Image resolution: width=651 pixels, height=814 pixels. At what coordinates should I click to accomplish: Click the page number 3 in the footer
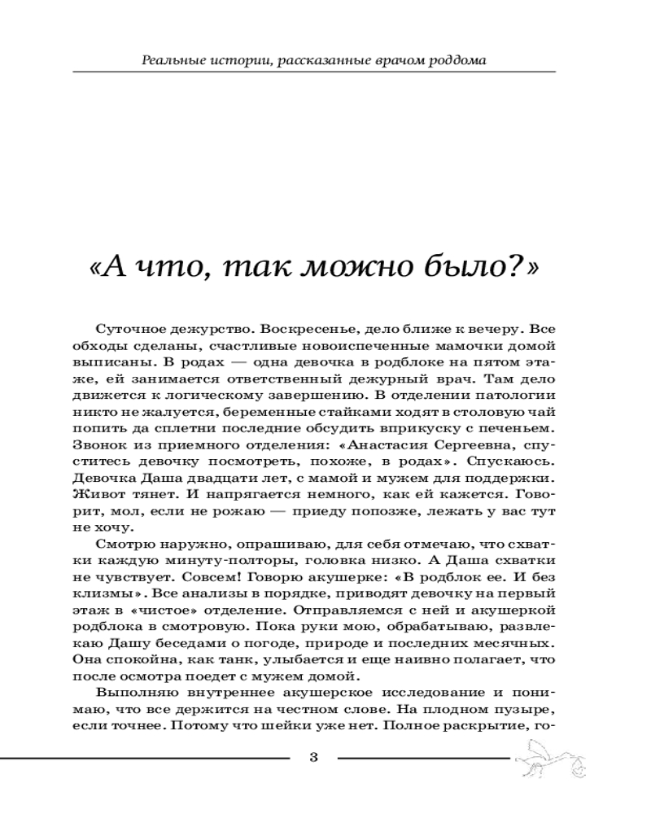point(314,759)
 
